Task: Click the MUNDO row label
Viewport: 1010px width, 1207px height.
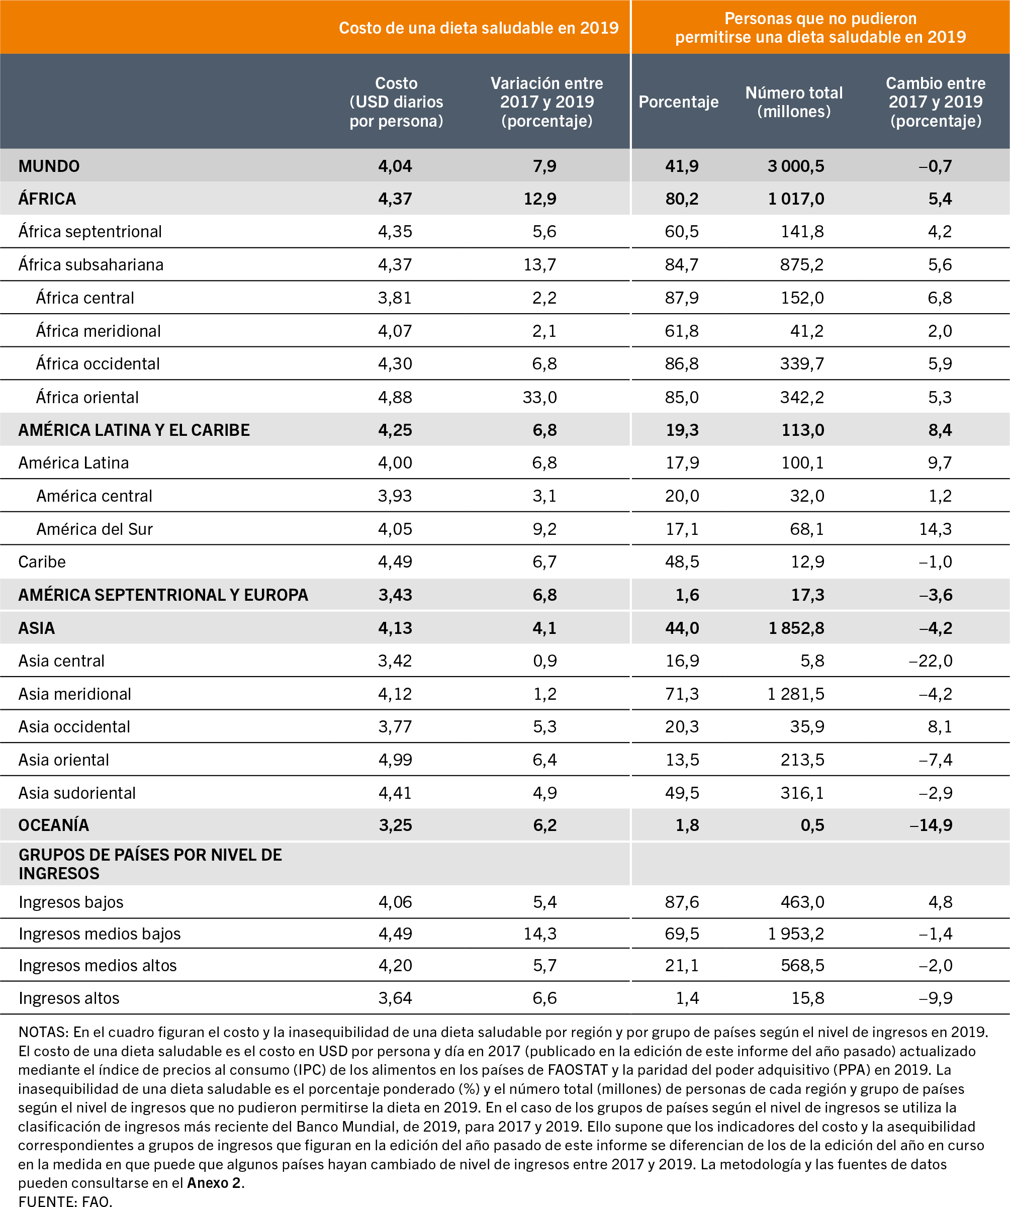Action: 49,166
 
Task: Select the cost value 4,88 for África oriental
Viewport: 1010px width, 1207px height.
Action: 395,397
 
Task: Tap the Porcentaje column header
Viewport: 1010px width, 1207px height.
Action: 678,102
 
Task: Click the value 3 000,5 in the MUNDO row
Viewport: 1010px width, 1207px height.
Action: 796,166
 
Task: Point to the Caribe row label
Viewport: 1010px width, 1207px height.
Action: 42,562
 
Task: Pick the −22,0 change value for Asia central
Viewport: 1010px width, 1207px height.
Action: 930,661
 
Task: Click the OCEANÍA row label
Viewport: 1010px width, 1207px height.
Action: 53,825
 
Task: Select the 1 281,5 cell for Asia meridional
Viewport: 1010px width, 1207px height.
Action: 796,694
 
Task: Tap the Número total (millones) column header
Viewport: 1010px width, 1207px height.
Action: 794,102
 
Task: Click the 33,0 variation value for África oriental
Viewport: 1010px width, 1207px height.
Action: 539,397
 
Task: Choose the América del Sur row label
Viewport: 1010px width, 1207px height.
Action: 95,529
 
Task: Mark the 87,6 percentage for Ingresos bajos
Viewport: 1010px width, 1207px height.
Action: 682,902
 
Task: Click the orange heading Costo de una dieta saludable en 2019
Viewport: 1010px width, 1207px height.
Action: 478,28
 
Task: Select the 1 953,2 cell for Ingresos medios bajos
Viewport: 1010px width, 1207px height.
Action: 796,934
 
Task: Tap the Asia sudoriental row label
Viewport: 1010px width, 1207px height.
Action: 77,793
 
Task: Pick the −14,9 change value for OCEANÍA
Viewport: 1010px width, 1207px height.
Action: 931,825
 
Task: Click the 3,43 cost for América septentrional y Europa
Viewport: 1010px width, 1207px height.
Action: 395,594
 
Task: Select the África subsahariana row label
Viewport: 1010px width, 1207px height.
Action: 91,264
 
